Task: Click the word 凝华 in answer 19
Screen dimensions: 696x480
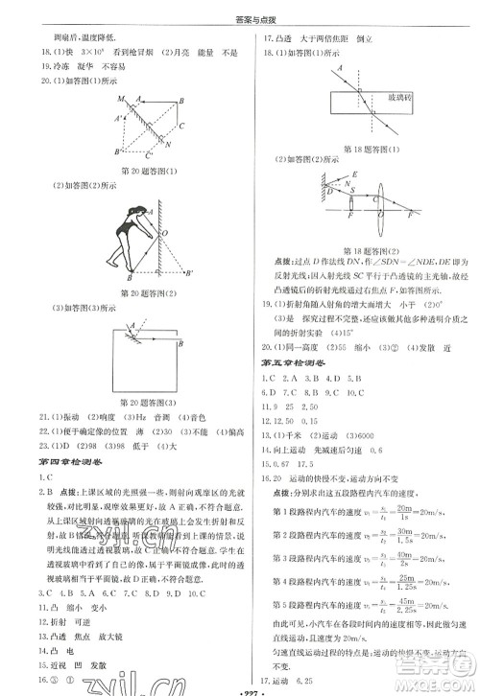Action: [73, 67]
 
